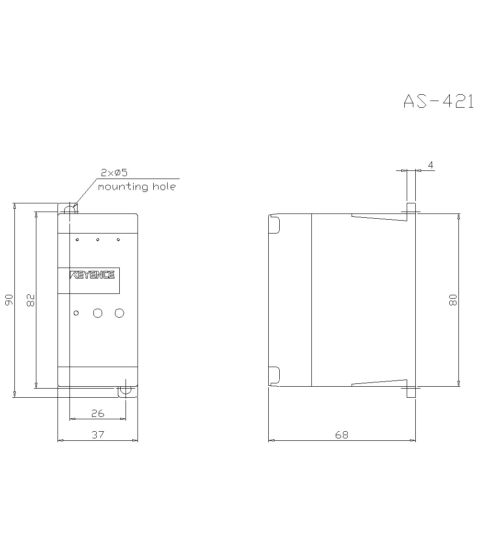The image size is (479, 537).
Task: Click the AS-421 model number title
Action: (x=438, y=101)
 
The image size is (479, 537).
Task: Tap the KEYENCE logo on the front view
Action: (x=92, y=275)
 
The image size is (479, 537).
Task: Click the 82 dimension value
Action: (x=30, y=300)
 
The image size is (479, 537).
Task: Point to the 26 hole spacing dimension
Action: (x=97, y=413)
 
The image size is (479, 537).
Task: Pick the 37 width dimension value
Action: (x=98, y=435)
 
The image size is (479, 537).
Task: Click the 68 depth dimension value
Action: (x=342, y=435)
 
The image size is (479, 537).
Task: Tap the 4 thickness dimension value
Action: (x=431, y=165)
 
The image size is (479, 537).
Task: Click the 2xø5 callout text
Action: (x=114, y=173)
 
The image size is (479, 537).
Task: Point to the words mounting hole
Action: (x=137, y=187)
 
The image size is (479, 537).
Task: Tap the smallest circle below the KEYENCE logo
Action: (x=76, y=313)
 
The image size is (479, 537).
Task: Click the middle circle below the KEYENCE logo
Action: (x=98, y=313)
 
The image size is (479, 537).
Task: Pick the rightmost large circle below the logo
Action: (x=119, y=313)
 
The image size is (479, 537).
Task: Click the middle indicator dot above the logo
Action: (x=98, y=239)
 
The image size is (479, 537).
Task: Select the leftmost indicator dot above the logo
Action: (x=77, y=239)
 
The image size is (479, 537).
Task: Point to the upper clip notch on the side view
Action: (x=274, y=224)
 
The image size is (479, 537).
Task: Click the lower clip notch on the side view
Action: (x=274, y=375)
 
